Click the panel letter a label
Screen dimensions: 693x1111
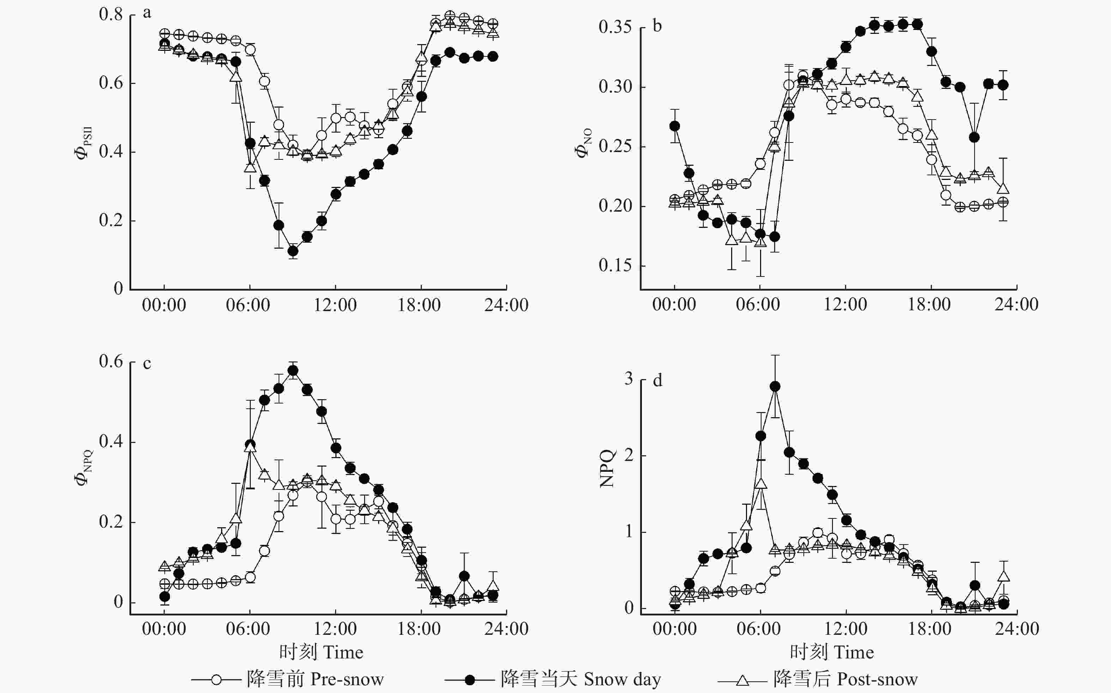[147, 13]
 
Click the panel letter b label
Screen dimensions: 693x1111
[657, 26]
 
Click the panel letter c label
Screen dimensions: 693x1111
[147, 364]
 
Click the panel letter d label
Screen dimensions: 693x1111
[657, 381]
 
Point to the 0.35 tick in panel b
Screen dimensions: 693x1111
[615, 27]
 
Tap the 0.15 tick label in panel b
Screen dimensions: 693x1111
[615, 265]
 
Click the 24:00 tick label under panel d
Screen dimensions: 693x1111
[1016, 629]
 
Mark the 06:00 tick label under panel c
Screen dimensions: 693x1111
[248, 629]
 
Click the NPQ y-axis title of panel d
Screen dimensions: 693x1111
[607, 468]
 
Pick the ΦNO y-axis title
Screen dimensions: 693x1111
[583, 142]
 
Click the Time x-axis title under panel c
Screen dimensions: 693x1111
[321, 652]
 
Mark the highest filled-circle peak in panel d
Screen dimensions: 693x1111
[775, 387]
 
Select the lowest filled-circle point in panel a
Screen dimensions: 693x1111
[293, 251]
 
